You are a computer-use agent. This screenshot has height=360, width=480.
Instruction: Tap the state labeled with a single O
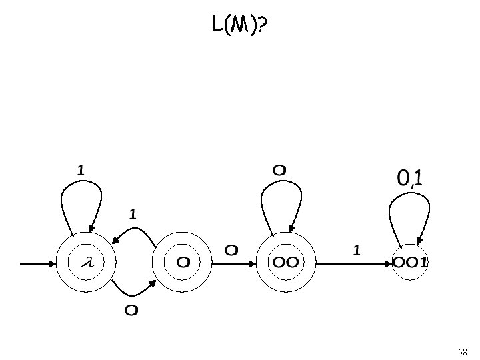click(x=182, y=262)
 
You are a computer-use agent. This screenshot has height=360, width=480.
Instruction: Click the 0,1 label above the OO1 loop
click(x=412, y=178)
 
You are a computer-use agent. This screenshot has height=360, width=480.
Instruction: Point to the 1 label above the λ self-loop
click(x=80, y=170)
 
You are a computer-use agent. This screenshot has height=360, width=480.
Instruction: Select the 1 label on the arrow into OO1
click(x=357, y=250)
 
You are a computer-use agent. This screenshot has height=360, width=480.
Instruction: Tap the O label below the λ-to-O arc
click(x=131, y=310)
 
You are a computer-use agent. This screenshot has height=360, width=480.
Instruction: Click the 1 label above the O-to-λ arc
click(x=133, y=214)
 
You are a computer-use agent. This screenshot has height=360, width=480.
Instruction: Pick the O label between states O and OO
click(x=231, y=250)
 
